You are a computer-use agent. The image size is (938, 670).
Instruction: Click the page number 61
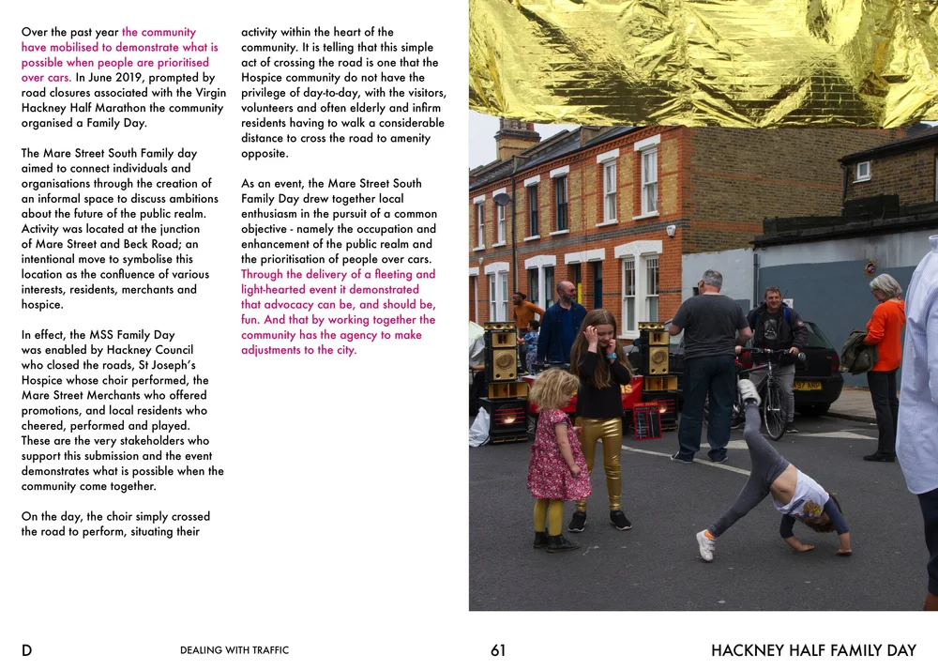coord(498,650)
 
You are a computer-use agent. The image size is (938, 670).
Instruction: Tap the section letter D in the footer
coord(26,650)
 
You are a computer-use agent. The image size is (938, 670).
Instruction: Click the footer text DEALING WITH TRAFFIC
coord(234,650)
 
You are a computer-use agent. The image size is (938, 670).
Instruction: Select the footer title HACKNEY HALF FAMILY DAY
coord(813,650)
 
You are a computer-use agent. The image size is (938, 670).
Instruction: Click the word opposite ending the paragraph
coord(265,154)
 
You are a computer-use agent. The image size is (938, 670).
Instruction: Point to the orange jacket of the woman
coord(885,334)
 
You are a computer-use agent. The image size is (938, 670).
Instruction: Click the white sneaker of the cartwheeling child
coord(705,544)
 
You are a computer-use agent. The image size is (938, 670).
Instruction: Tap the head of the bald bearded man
coord(566,291)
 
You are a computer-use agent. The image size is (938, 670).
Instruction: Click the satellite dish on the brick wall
coord(502,199)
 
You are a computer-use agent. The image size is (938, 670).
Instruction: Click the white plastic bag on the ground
coord(479,427)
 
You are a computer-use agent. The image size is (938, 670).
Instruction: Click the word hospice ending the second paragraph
coord(42,305)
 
